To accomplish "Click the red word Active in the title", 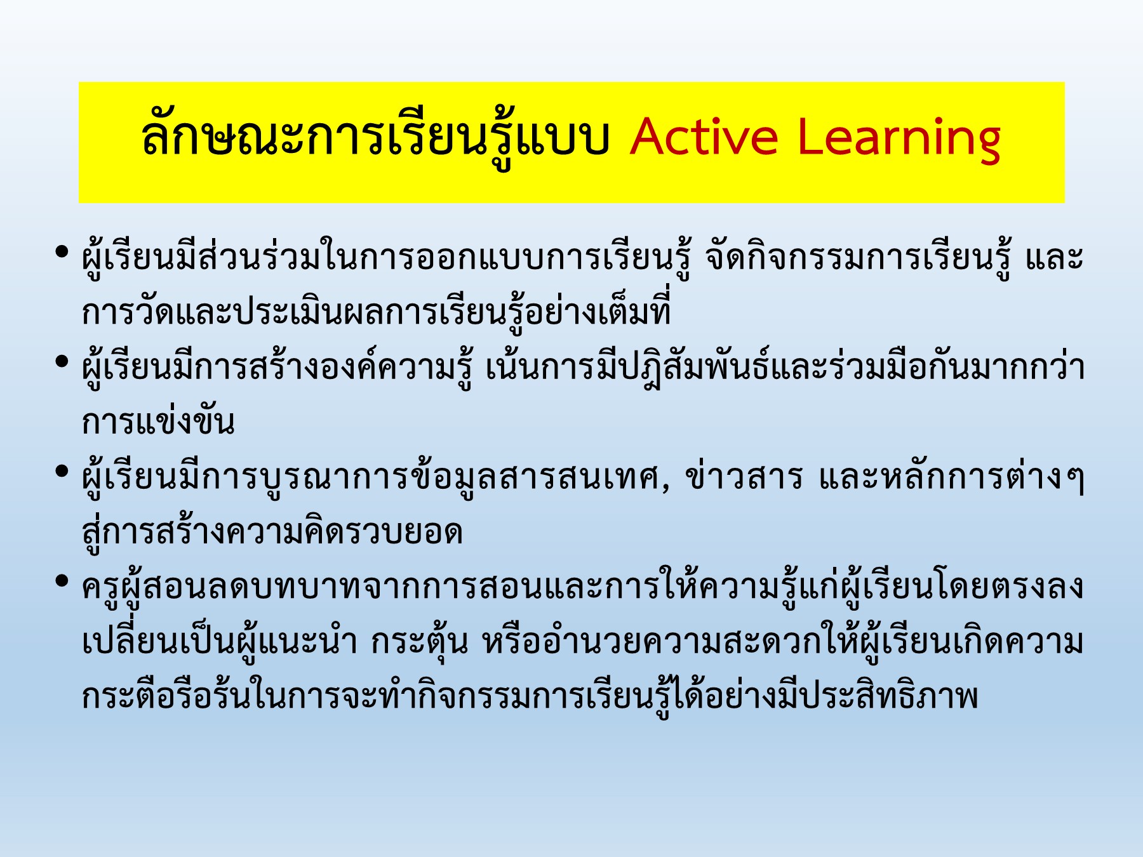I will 704,137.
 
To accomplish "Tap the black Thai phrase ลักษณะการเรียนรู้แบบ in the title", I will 375,137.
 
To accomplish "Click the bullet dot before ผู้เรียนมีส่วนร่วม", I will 62,252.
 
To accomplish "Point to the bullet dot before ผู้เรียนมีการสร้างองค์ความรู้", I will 62,362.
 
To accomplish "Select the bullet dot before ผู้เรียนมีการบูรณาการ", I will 62,471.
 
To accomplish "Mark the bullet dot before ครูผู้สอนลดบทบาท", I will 62,580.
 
